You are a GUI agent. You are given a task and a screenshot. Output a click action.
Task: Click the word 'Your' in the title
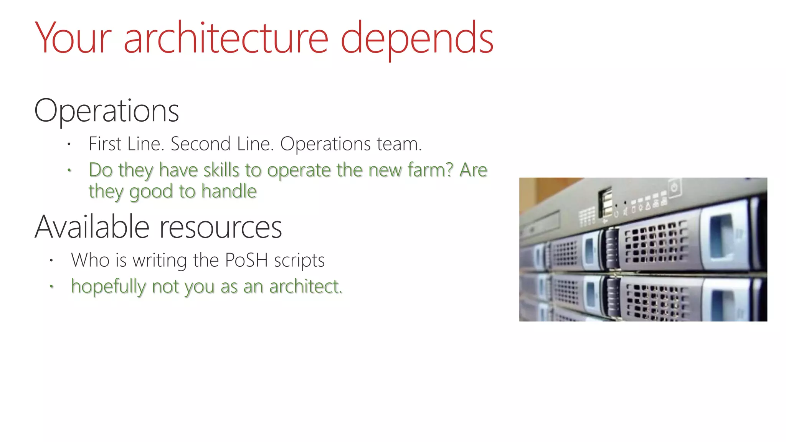click(x=73, y=38)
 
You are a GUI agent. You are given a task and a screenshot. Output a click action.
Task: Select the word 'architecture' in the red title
click(x=226, y=38)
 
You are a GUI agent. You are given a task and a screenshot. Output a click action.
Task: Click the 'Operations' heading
click(x=106, y=111)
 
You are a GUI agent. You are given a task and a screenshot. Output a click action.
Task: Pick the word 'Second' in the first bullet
click(x=200, y=144)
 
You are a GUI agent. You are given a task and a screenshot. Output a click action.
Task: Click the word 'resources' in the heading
click(x=221, y=228)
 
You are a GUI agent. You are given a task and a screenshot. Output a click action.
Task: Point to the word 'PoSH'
click(x=246, y=260)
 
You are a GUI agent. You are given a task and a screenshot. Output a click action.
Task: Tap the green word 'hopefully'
click(x=109, y=287)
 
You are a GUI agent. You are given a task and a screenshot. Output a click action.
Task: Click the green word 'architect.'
click(x=305, y=287)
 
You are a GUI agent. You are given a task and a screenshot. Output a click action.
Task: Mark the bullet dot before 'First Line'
click(x=69, y=145)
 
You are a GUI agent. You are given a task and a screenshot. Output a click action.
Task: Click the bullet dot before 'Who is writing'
click(x=51, y=261)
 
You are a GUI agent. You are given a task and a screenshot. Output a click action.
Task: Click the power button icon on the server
click(x=674, y=188)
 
